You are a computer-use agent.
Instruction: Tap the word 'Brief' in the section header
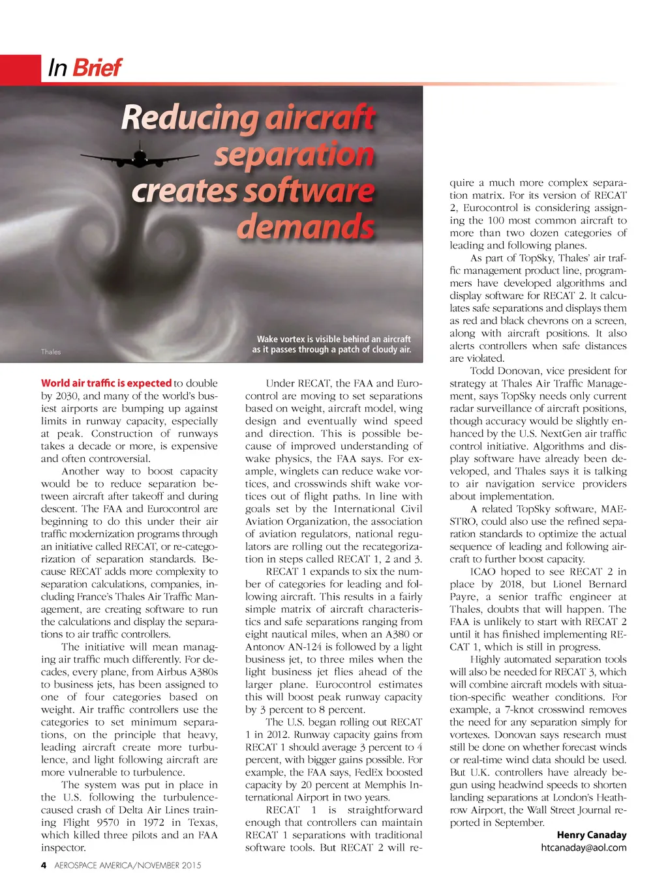click(x=97, y=67)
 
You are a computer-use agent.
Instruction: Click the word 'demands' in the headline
click(x=305, y=227)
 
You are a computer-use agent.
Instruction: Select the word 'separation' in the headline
click(x=294, y=155)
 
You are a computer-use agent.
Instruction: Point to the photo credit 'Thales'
click(x=50, y=352)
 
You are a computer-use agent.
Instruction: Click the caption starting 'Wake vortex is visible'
click(x=332, y=344)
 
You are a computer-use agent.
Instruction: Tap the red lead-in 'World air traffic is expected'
click(x=106, y=383)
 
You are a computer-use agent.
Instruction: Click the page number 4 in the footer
click(x=44, y=866)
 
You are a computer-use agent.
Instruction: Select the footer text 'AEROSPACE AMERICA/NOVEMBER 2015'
click(x=128, y=866)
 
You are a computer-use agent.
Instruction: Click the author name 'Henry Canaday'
click(x=592, y=835)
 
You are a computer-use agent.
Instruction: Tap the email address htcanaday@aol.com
click(x=584, y=847)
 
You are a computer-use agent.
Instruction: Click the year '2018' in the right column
click(x=511, y=584)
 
